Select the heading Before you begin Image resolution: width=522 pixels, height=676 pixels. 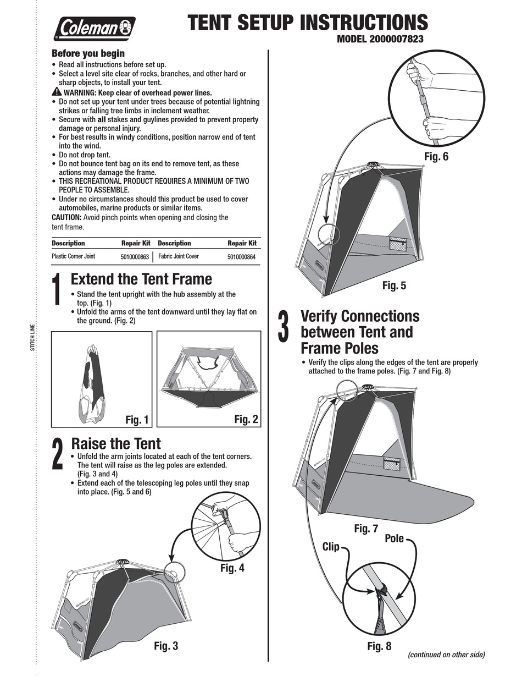click(x=88, y=53)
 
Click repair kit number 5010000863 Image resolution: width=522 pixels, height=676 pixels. click(x=135, y=257)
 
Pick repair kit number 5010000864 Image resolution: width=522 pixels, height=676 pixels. click(x=241, y=257)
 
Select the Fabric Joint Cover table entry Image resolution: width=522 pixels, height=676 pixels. click(x=179, y=256)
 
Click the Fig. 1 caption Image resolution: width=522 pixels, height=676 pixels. click(x=137, y=420)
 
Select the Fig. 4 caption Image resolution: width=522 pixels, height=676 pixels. click(x=232, y=568)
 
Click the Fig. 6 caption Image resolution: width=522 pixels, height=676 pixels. click(x=436, y=157)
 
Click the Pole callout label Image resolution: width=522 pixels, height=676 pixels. click(x=393, y=538)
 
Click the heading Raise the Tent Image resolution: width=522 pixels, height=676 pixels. click(x=116, y=444)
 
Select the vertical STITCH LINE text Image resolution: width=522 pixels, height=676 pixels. click(x=32, y=338)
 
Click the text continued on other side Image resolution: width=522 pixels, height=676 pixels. click(x=446, y=655)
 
